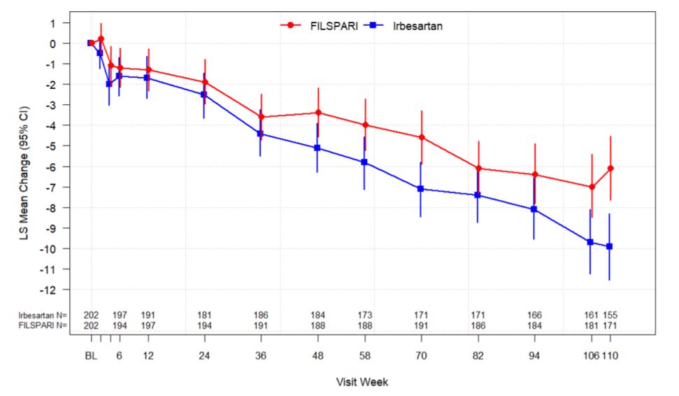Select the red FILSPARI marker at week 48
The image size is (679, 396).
pos(318,113)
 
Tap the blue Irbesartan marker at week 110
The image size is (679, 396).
pos(609,246)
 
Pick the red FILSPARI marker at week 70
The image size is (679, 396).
pos(422,137)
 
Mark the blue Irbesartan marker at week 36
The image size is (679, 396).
pos(260,134)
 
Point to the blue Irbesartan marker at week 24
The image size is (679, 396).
pos(203,94)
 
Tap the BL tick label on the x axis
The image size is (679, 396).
pos(90,355)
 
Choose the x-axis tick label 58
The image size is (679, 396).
pos(364,355)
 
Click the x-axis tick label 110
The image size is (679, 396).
pos(610,355)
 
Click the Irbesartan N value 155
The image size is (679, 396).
pos(610,316)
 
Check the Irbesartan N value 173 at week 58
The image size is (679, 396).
pos(364,316)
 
